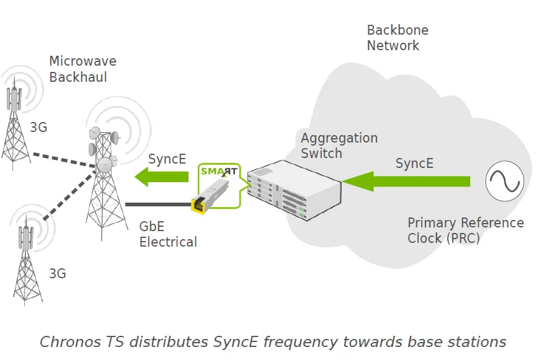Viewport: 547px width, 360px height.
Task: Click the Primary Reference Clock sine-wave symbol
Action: [505, 181]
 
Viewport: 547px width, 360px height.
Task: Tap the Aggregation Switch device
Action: [294, 190]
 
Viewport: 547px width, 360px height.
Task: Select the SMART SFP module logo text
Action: [219, 172]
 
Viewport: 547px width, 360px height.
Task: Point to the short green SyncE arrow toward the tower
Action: [161, 177]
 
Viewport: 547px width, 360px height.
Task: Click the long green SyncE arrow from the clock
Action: [406, 181]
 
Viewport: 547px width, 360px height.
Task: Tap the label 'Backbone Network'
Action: [398, 38]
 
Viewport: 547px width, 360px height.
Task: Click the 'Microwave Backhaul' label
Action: [82, 69]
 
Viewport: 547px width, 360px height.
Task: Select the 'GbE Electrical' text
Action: [168, 234]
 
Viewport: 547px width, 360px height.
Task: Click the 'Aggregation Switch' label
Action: [339, 146]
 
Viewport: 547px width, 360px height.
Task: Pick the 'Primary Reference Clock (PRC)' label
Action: [466, 230]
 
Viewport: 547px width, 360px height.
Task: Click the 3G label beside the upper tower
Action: [38, 127]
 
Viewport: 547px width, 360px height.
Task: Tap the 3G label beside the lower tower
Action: [58, 274]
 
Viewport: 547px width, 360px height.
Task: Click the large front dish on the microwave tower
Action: [105, 165]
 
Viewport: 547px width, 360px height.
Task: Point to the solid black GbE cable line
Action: [158, 204]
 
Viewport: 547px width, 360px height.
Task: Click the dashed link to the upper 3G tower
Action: [64, 160]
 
